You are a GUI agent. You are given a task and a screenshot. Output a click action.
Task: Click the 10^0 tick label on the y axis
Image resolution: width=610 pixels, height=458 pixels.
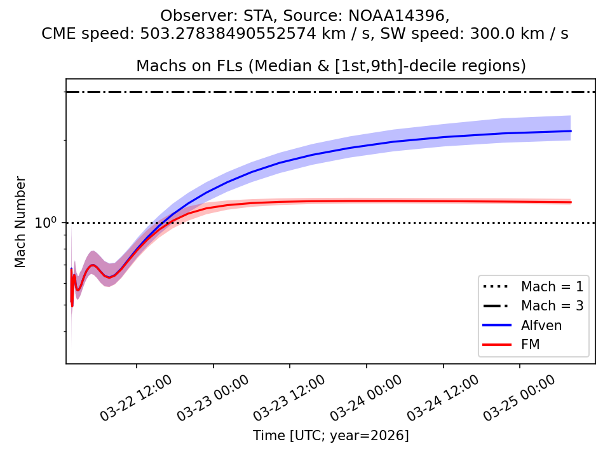coord(47,223)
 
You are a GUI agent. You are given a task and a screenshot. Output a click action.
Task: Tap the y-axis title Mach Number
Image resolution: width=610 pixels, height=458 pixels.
coord(20,222)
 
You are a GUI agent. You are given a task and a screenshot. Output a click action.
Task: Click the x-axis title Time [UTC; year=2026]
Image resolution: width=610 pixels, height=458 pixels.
coord(330,436)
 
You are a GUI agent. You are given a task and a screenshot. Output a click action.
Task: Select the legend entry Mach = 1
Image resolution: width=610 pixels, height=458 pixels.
coord(552,286)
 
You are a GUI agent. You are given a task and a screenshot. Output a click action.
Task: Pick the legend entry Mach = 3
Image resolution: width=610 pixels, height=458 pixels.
coord(552,305)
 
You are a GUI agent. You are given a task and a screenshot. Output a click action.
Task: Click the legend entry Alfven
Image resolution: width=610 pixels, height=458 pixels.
coord(541,325)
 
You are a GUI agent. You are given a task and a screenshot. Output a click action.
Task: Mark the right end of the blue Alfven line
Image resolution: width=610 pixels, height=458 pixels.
coord(571,131)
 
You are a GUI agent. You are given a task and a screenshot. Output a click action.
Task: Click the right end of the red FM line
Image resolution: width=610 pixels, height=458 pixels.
coord(571,202)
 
